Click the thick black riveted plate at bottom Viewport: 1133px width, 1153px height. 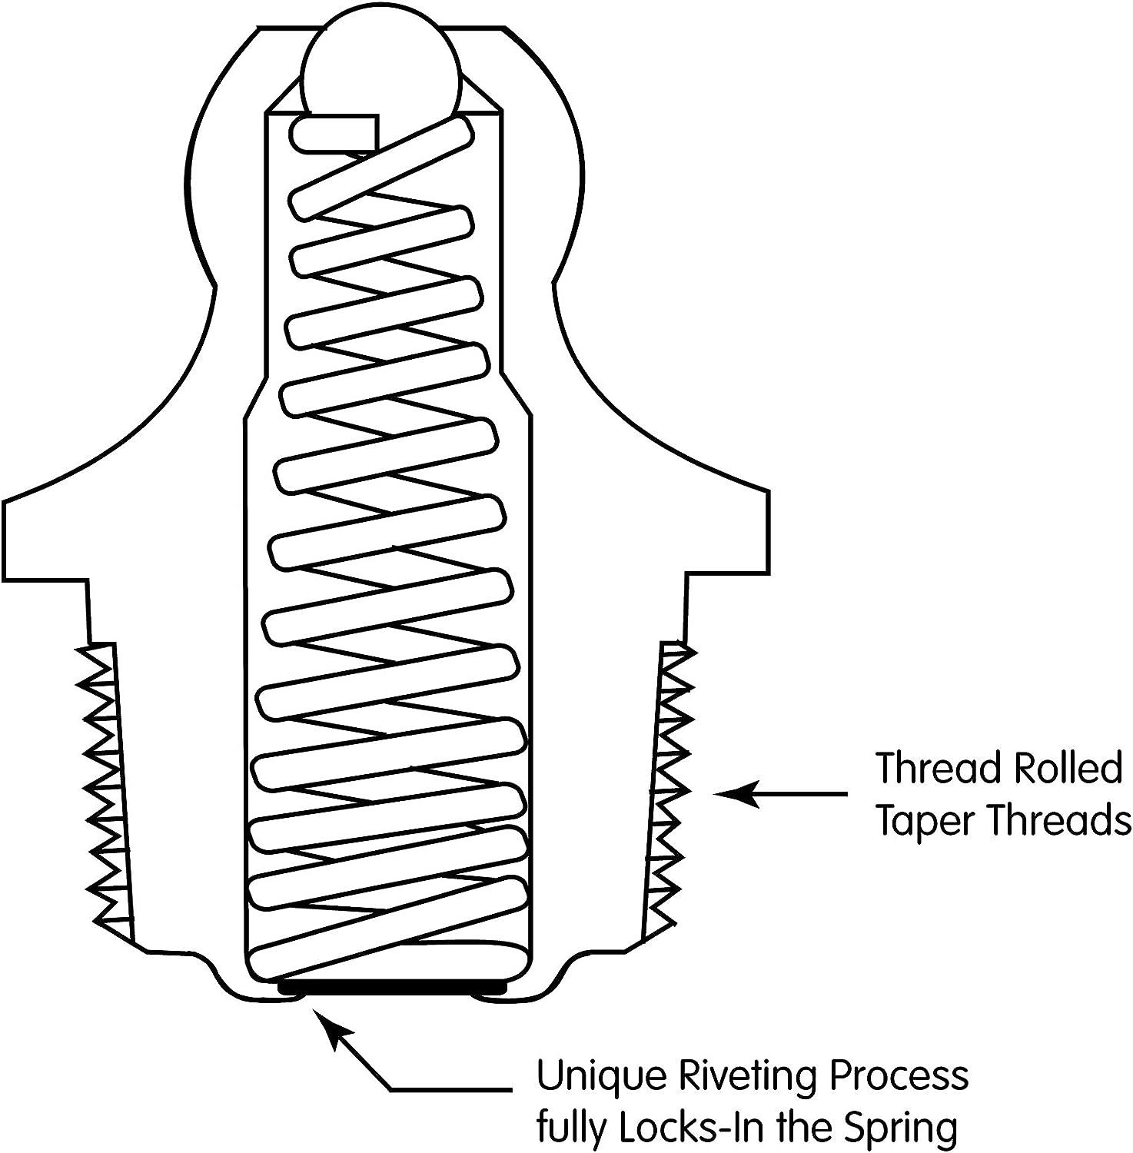392,986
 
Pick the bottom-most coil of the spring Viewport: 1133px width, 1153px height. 388,953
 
